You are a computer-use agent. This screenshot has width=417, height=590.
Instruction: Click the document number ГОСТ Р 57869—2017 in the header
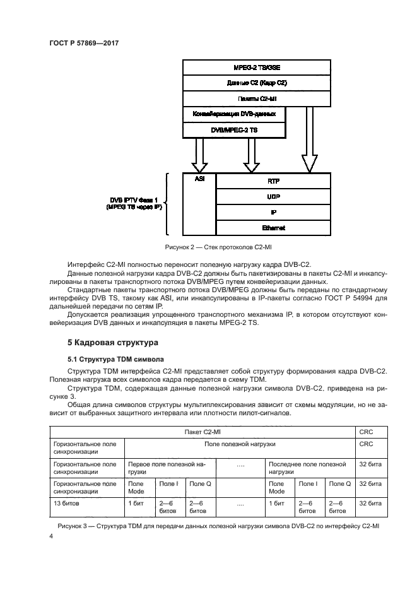pos(84,42)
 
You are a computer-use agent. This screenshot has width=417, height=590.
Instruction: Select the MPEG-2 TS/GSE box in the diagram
pos(256,67)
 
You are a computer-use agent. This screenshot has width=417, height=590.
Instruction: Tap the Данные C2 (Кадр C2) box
pos(256,83)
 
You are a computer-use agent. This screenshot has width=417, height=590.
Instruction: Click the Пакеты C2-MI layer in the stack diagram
pos(256,98)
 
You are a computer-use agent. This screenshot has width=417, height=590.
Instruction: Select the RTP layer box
pos(273,180)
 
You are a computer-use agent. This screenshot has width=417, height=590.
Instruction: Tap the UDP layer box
pos(273,196)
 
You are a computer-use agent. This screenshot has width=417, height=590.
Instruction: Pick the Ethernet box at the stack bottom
pos(273,228)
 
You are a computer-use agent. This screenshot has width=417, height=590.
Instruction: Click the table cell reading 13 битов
pos(69,504)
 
